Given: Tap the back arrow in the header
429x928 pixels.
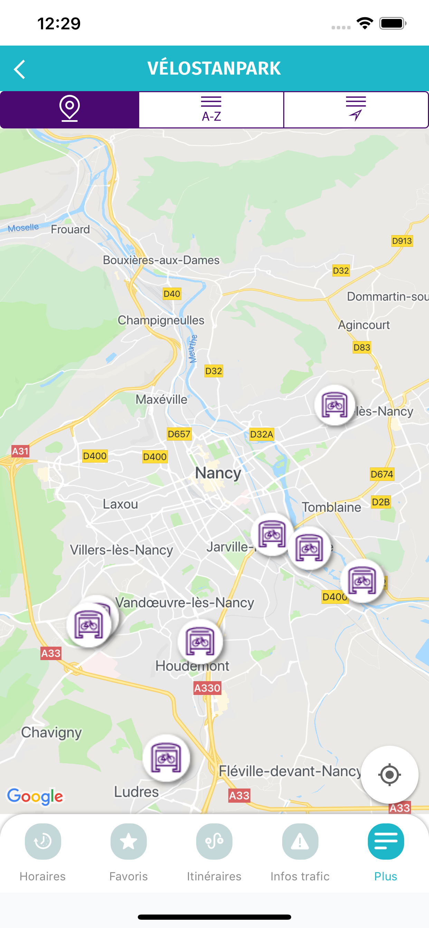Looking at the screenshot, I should point(20,69).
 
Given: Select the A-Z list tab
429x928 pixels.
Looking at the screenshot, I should point(211,109).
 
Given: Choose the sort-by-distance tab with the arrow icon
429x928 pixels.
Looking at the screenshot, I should point(356,109).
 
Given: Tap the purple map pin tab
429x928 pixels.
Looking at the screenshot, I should point(69,109).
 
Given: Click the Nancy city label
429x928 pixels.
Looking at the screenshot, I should point(218,473).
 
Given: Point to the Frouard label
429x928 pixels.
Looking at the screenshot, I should point(70,230).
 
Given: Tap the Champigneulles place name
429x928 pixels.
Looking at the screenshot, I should point(161,320).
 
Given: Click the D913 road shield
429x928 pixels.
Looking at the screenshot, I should point(402,241).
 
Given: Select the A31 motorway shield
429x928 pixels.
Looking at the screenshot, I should point(20,451).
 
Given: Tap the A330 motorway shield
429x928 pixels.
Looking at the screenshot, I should point(207,688).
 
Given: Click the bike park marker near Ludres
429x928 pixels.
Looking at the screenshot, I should point(166,758).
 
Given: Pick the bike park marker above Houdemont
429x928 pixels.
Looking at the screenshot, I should point(200,641).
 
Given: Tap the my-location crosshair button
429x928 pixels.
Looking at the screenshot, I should point(389,774).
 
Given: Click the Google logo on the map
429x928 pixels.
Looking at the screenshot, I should point(35,796).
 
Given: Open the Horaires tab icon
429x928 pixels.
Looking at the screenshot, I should point(43,842).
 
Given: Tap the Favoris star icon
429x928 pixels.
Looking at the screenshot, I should point(129,842).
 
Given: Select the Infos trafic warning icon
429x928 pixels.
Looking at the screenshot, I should point(300,842).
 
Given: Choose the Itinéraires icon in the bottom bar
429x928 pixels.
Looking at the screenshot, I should point(214,842).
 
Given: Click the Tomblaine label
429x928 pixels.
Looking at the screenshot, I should point(331,507).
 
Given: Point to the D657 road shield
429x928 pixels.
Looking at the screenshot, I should point(179,434).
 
